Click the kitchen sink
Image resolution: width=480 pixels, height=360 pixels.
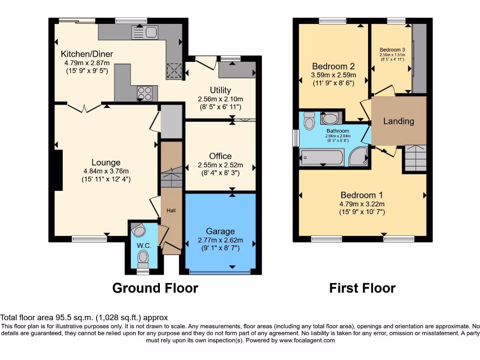click(x=145, y=32)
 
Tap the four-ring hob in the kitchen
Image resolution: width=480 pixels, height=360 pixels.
click(x=145, y=94)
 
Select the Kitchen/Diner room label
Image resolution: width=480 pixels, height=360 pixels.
click(x=87, y=54)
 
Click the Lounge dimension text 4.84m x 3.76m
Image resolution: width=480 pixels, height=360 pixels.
click(x=106, y=171)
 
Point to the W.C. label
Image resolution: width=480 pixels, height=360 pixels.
click(x=143, y=245)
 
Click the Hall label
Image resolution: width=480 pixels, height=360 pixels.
click(x=171, y=211)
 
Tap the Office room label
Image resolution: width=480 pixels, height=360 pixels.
click(x=220, y=156)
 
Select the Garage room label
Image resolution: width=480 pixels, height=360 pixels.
click(x=220, y=231)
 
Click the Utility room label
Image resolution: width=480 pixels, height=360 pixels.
click(x=220, y=90)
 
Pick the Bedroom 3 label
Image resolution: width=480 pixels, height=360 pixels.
click(x=392, y=50)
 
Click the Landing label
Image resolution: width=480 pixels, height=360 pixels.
click(x=398, y=121)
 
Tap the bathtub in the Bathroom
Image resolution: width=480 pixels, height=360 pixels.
click(x=322, y=157)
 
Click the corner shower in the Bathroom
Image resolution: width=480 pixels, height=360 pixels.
click(x=359, y=157)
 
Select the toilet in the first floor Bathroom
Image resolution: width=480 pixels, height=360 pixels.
click(x=309, y=121)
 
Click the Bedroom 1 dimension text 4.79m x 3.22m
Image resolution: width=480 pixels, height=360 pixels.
click(x=362, y=204)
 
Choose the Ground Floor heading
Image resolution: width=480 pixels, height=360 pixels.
click(x=155, y=288)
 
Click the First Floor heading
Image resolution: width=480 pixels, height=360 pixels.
click(x=362, y=288)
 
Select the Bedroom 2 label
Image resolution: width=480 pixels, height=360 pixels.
click(x=333, y=66)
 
